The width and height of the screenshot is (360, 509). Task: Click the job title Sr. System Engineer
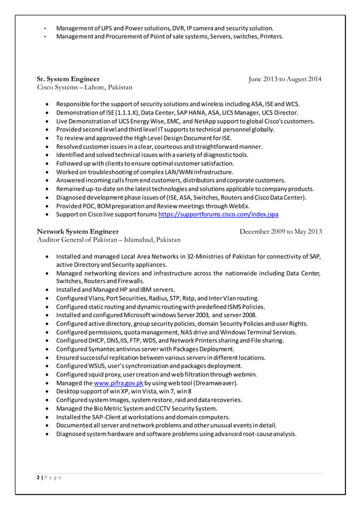click(68, 79)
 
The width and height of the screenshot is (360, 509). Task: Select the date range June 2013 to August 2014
click(285, 79)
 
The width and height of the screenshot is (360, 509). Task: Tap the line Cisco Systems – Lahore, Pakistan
click(85, 87)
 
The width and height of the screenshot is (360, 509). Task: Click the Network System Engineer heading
click(78, 231)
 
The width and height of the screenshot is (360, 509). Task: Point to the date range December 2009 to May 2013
click(280, 231)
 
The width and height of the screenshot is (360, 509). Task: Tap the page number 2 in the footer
click(38, 477)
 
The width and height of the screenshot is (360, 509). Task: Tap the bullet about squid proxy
click(156, 375)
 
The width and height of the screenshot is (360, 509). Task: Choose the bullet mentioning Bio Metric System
click(136, 409)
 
